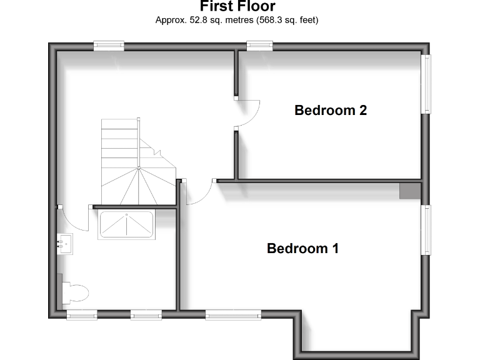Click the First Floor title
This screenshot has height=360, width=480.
[x=237, y=7]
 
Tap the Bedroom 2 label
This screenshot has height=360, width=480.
[x=330, y=111]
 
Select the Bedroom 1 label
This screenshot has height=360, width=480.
[x=302, y=249]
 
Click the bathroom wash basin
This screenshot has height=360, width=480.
[x=65, y=242]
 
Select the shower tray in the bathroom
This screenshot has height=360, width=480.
[x=126, y=225]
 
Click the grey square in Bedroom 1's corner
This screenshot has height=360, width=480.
[x=410, y=191]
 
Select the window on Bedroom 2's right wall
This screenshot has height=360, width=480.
[x=426, y=84]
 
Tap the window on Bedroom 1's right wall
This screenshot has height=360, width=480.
[x=426, y=229]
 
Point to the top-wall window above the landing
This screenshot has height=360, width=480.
[x=109, y=45]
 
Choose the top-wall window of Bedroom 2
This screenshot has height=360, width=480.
[x=259, y=45]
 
